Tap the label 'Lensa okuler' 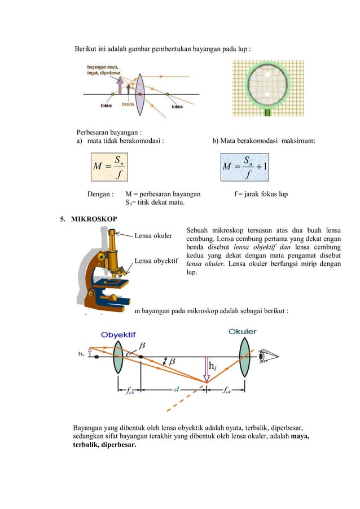pos(153,236)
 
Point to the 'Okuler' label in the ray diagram pos(243,332)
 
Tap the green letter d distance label pos(177,389)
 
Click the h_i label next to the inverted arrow pos(212,367)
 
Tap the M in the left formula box pos(96,168)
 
